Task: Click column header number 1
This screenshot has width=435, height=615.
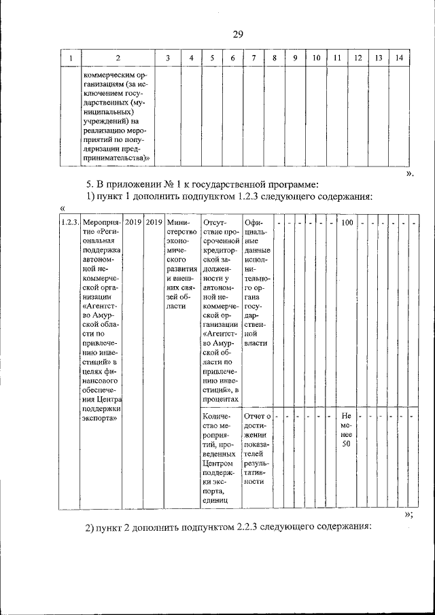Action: pyautogui.click(x=70, y=59)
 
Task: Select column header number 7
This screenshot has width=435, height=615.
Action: pyautogui.click(x=252, y=59)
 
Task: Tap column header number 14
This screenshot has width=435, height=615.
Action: pyautogui.click(x=399, y=59)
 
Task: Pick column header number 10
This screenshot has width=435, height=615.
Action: pyautogui.click(x=316, y=59)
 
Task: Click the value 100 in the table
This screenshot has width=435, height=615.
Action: pyautogui.click(x=347, y=222)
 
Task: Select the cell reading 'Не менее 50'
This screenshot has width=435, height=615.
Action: pyautogui.click(x=347, y=429)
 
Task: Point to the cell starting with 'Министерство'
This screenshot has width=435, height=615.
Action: pyautogui.click(x=181, y=264)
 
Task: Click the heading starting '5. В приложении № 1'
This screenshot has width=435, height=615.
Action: pyautogui.click(x=202, y=184)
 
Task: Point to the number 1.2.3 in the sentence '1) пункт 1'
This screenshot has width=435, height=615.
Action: pyautogui.click(x=267, y=197)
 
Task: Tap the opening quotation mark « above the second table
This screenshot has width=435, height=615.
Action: pyautogui.click(x=62, y=209)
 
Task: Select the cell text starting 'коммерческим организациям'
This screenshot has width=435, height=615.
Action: pyautogui.click(x=116, y=117)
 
